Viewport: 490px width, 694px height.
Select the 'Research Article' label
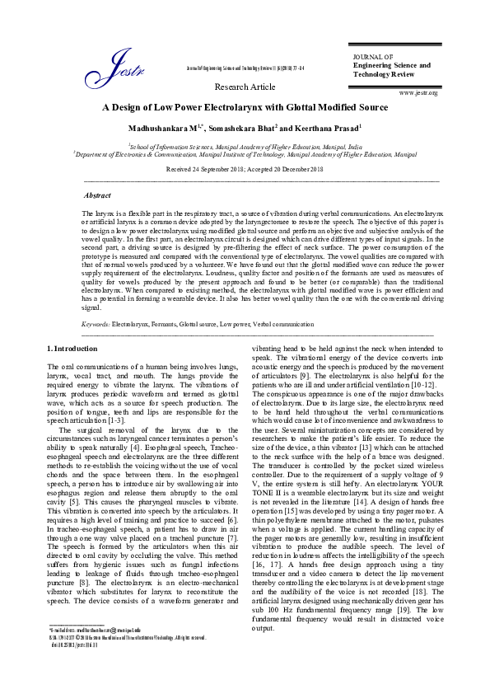coord(245,87)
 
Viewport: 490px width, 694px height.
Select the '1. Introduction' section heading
coord(72,351)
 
